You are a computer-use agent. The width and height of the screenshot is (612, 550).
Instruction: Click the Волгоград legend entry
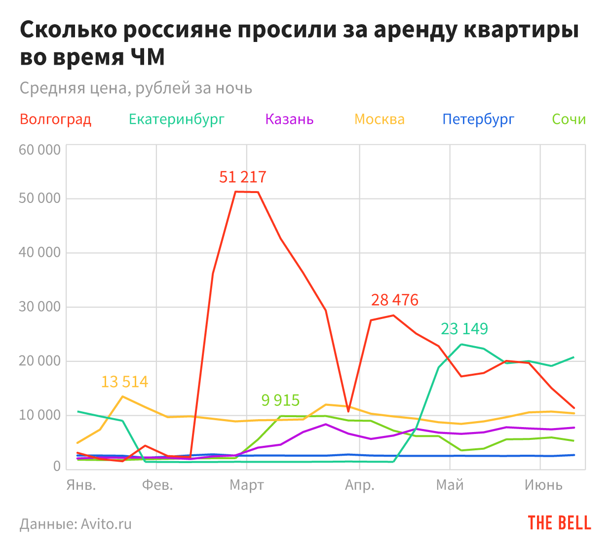tap(56, 119)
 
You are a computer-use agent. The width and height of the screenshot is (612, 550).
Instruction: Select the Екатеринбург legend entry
tap(177, 119)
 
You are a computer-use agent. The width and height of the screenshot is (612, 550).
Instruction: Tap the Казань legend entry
tap(289, 119)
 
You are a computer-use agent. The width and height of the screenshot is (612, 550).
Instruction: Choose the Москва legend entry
tap(380, 119)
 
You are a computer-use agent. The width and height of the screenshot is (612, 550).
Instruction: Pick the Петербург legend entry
tap(478, 119)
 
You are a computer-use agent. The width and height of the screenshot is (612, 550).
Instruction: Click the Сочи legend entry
tap(569, 119)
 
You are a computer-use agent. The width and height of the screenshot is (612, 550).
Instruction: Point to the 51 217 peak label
tap(242, 177)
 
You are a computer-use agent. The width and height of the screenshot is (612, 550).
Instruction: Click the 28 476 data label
tap(394, 300)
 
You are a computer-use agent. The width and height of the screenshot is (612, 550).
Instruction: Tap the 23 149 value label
tap(464, 328)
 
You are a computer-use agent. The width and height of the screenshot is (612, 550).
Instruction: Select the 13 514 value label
tap(124, 382)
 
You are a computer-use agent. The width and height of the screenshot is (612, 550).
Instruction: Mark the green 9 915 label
tap(280, 400)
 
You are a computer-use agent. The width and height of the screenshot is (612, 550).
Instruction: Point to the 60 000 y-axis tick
tap(39, 150)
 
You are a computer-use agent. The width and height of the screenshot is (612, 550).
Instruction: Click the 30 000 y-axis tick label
tap(39, 307)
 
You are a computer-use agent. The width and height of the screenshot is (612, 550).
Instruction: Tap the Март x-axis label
tap(247, 485)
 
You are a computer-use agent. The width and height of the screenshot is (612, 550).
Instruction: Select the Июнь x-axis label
tap(543, 485)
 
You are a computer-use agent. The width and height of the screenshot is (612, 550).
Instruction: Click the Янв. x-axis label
tap(81, 485)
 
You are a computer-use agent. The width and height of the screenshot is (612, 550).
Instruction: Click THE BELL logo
tap(559, 523)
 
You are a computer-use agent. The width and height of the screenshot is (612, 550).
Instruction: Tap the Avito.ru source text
tap(106, 523)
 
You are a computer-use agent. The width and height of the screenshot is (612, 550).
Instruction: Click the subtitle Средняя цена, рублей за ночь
tap(136, 88)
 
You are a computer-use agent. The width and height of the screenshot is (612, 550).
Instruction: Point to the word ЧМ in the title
tap(148, 57)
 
